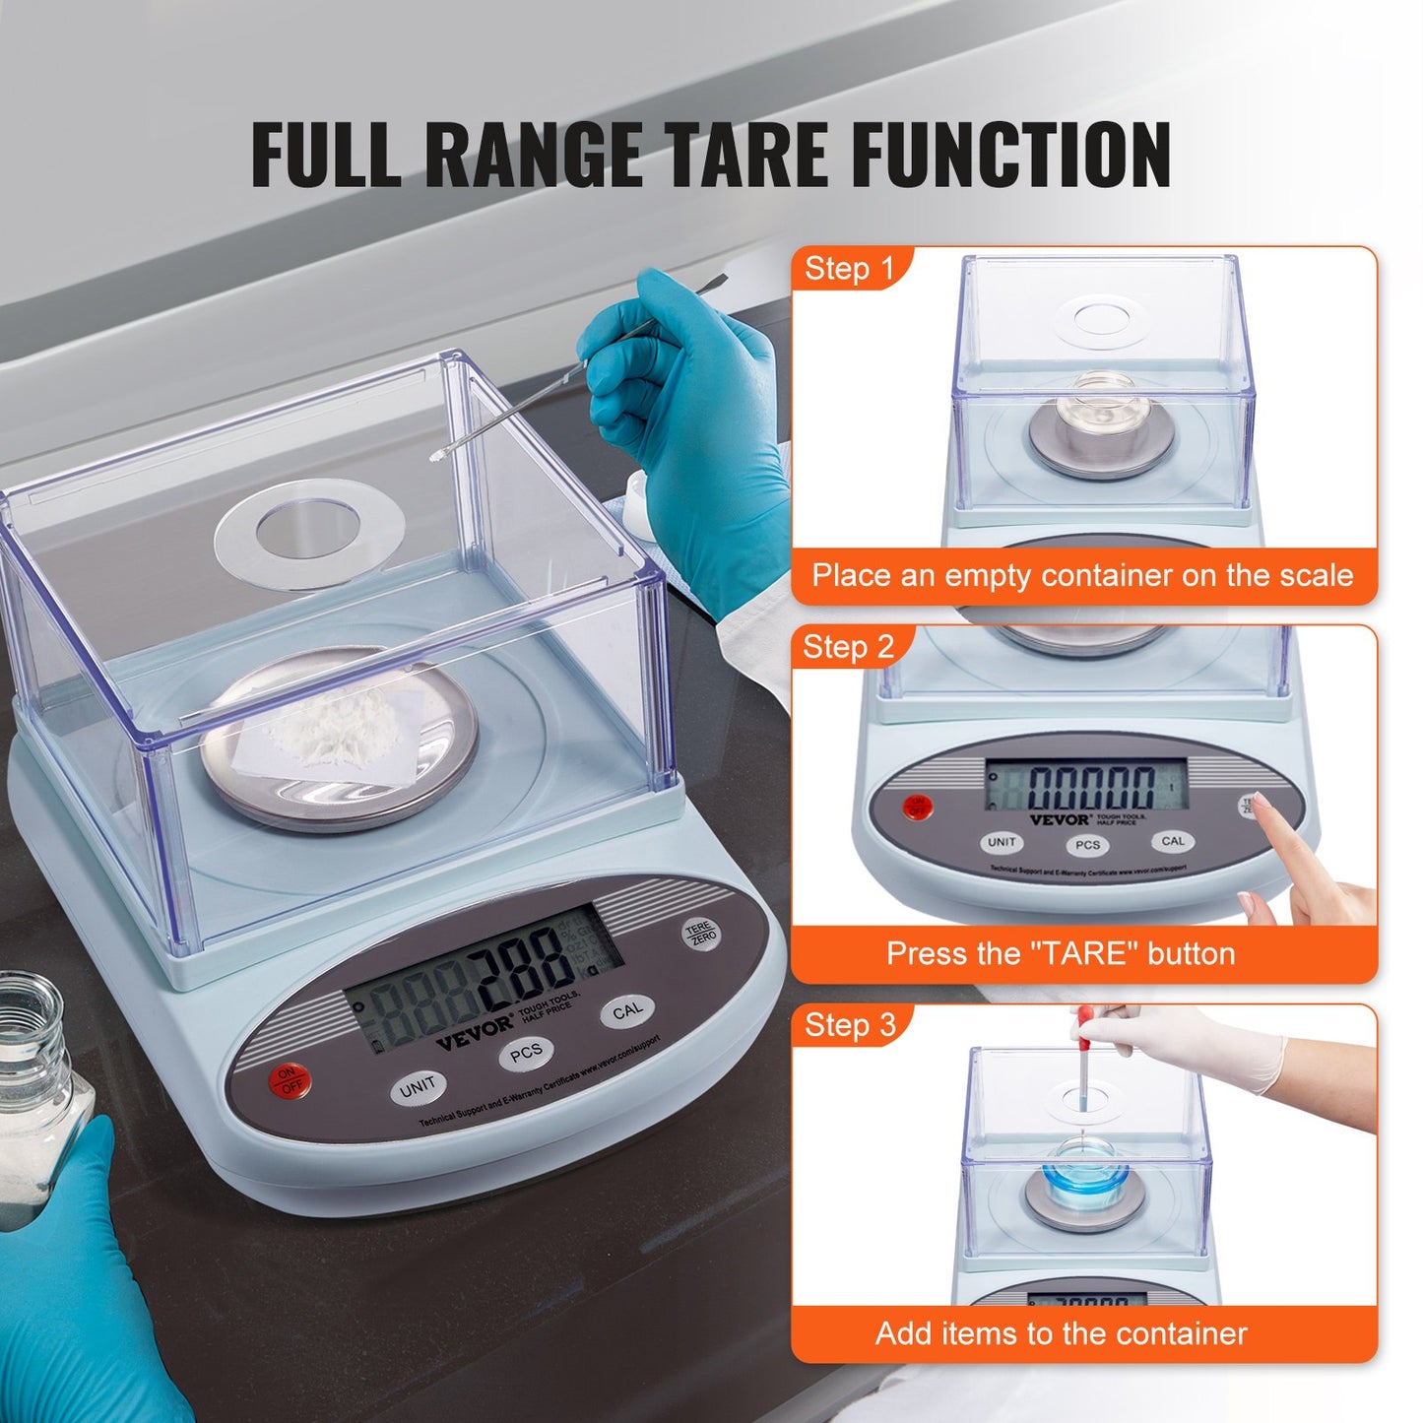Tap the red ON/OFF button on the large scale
[290, 1080]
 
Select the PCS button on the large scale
[526, 1054]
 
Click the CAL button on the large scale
[627, 1011]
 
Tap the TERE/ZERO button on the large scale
[701, 934]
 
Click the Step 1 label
[849, 269]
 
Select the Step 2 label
[848, 647]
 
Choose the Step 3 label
[850, 1025]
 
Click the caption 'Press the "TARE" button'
[1061, 953]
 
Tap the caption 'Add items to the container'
[1061, 1333]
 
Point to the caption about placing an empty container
[1082, 575]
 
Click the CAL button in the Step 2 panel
[1173, 841]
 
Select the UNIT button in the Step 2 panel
[1002, 843]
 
